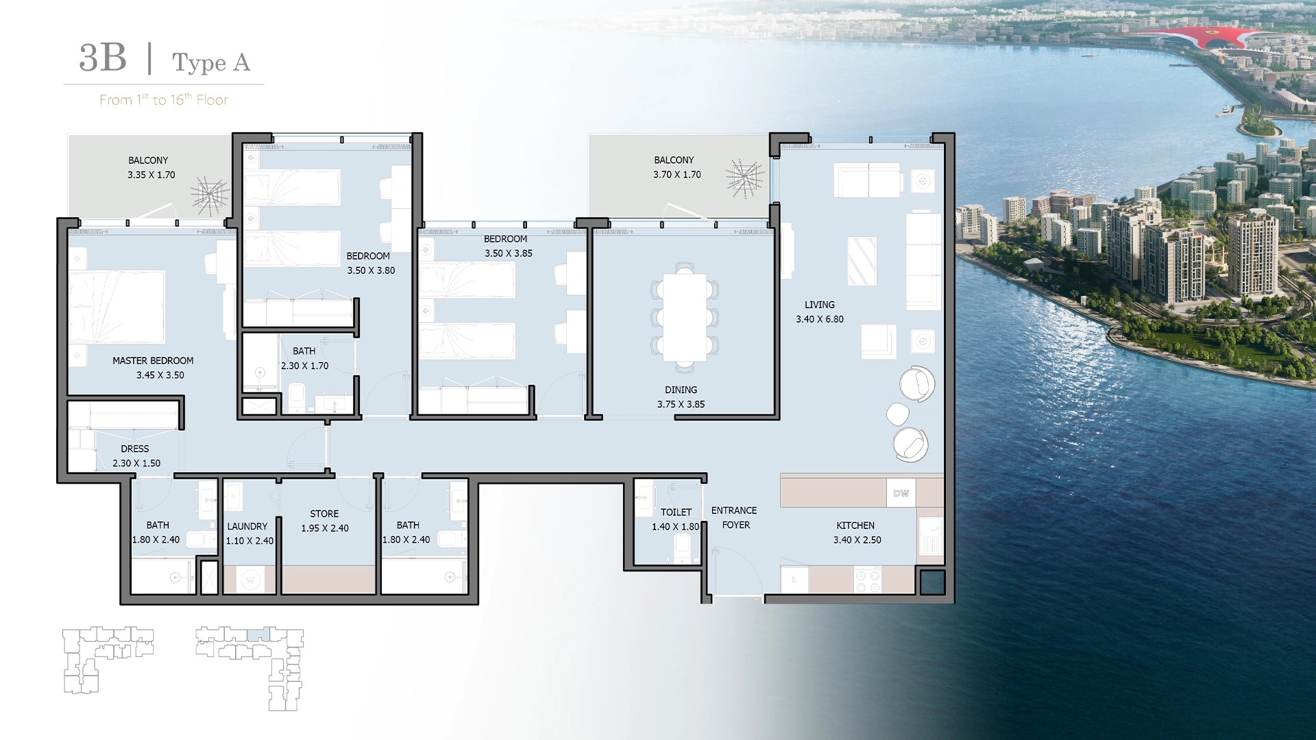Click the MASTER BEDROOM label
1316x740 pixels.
153,360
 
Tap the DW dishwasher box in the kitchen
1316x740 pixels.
901,493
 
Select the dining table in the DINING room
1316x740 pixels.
685,317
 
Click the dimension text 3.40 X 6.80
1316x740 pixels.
820,319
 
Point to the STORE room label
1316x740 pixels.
324,514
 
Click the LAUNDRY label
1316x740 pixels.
247,527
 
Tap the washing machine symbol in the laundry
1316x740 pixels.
250,580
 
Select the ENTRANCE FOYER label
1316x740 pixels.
735,518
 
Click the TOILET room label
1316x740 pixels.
676,513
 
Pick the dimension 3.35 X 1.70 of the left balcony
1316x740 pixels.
151,175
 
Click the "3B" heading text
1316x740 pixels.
103,58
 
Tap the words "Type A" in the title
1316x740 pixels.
211,62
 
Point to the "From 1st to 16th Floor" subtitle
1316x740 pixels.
164,100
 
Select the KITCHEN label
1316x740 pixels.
855,526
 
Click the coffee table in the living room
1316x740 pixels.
862,261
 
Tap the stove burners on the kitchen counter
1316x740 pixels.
868,580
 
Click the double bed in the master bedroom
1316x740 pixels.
117,308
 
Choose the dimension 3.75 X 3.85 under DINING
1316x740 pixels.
681,404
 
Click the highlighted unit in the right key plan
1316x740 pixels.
260,634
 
